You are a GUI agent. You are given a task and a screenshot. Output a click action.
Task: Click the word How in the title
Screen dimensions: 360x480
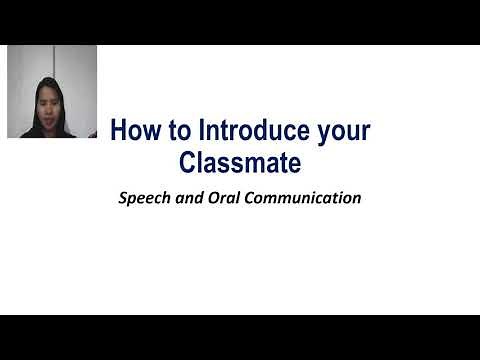point(132,130)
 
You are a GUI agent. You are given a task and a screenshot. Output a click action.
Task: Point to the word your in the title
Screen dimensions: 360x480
point(344,132)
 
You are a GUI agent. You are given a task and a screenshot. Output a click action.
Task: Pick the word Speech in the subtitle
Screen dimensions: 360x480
point(142,198)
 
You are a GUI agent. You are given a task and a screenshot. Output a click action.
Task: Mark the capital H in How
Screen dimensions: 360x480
point(117,130)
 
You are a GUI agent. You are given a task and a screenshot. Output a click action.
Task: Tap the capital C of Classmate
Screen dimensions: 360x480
point(184,160)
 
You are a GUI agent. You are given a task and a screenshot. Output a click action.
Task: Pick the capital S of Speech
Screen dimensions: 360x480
point(122,197)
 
